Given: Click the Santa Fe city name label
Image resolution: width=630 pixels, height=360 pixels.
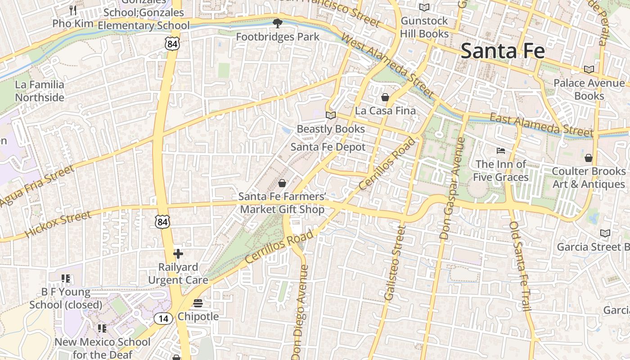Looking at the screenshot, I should coord(503,50).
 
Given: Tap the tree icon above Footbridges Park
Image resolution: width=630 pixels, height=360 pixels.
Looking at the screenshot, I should coord(278,23).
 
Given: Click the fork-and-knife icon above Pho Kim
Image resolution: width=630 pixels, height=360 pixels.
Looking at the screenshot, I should coord(73,10).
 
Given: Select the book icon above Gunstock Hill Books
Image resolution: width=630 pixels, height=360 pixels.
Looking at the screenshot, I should coord(424,7).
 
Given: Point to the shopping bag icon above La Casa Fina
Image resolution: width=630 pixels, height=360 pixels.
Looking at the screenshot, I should coord(385,97).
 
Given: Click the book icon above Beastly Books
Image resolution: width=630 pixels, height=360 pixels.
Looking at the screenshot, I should coord(331,116).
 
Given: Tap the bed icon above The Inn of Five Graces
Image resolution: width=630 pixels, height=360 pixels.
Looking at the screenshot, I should coord(501,150).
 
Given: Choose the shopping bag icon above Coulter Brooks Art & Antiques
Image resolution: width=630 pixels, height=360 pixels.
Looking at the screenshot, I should coord(588,157).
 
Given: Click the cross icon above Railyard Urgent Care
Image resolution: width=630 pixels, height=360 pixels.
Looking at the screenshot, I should coord(178,254).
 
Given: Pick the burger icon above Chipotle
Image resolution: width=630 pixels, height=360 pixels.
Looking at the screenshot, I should coord(198,303).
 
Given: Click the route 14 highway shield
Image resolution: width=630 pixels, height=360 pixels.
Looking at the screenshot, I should coord(163,319).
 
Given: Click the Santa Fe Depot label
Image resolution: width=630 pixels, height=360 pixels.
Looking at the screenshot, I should coord(328,147).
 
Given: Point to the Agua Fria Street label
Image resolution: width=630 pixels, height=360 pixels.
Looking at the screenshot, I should coord(37,186).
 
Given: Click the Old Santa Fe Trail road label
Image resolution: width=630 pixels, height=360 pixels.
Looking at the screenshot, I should coord(521,266).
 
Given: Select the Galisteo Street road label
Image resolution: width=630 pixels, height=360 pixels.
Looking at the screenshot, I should coord(396,263).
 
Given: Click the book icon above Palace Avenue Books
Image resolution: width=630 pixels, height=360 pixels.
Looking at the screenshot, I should coord(589,69).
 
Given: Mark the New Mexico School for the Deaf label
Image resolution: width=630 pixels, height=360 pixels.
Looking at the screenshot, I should coord(103,348).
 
